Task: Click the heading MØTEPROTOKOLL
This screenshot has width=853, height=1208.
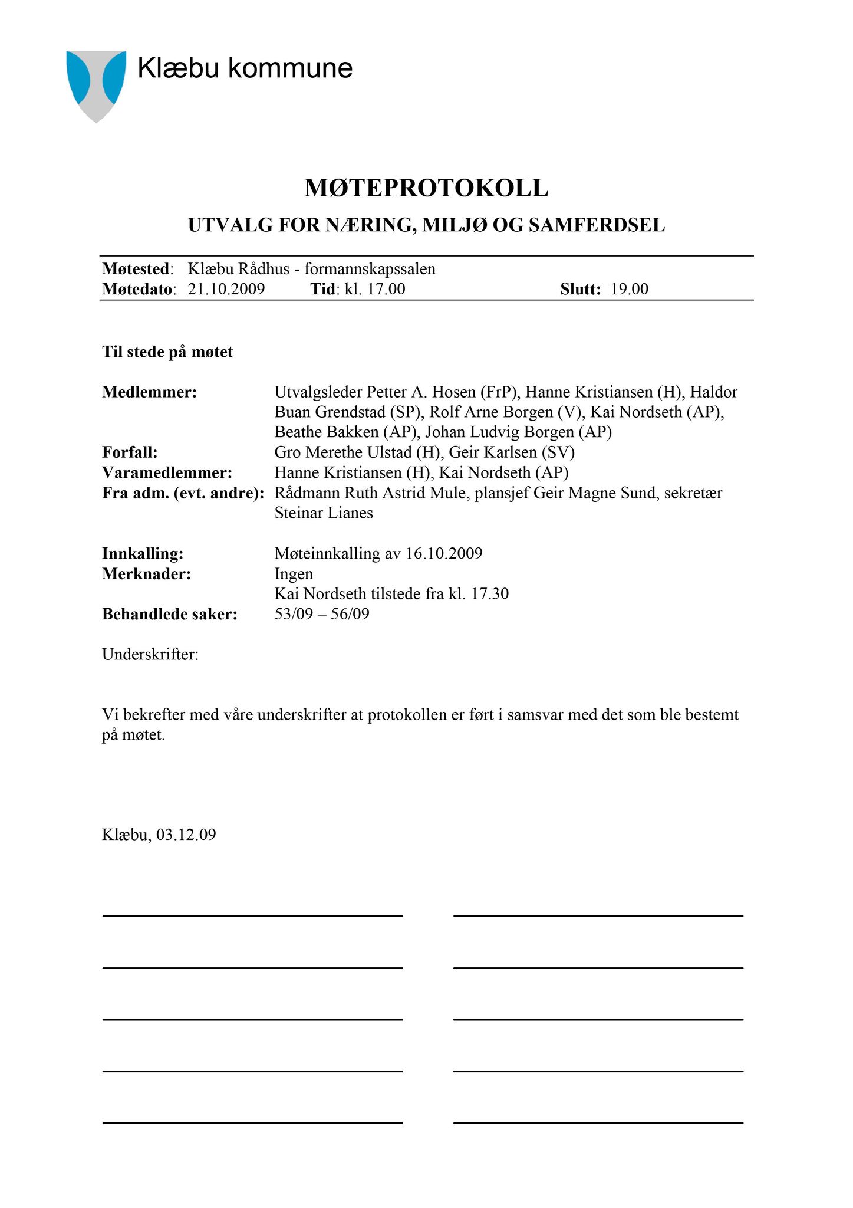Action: [x=426, y=188]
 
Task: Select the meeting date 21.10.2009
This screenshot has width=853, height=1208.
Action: [x=226, y=289]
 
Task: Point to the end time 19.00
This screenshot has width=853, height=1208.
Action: [x=630, y=289]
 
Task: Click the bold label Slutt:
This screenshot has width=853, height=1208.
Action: [x=580, y=289]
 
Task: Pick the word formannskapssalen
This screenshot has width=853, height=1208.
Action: [x=370, y=269]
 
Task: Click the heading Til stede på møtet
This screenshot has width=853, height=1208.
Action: [x=167, y=352]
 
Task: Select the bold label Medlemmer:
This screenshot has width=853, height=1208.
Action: [x=149, y=392]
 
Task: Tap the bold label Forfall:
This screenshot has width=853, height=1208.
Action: [x=130, y=452]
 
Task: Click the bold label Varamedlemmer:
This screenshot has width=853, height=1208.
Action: [x=167, y=472]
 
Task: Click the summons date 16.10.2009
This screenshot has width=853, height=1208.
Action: [x=444, y=553]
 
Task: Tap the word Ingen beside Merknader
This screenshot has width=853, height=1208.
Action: [x=294, y=573]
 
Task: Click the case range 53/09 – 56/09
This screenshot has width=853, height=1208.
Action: [x=322, y=614]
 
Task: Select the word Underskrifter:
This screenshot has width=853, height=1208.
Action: [x=150, y=654]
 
